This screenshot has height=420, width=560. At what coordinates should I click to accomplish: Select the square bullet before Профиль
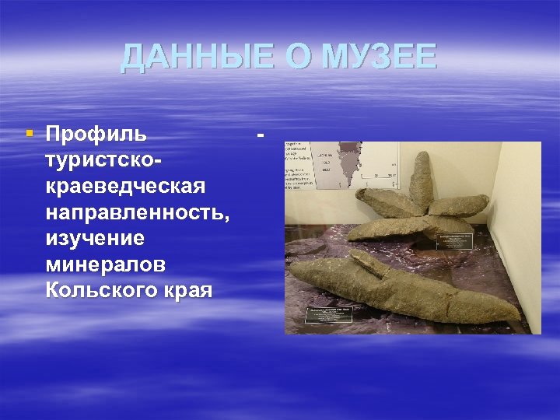[x=30, y=134]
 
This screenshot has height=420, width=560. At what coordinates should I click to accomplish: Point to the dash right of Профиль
[x=261, y=134]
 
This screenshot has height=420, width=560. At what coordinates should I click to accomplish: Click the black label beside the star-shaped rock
[x=454, y=240]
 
